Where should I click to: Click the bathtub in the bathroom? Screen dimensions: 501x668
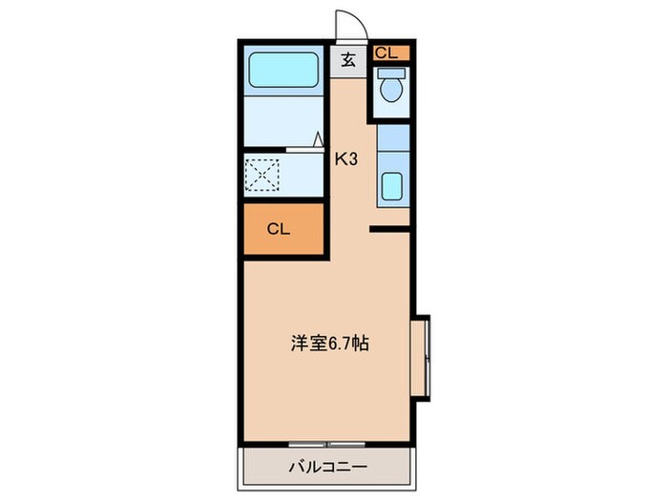(x=283, y=71)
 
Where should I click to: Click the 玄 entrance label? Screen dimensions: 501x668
(x=348, y=59)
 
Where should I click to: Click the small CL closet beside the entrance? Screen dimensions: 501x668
(x=390, y=52)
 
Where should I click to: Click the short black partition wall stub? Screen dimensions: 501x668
(x=388, y=228)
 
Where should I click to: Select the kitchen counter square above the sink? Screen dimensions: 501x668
(x=391, y=139)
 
